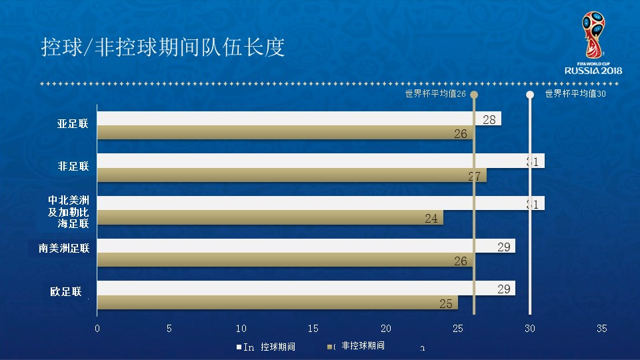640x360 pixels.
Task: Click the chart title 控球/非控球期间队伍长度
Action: [163, 48]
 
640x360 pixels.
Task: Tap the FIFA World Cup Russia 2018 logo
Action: [593, 43]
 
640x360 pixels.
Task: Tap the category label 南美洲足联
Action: [64, 248]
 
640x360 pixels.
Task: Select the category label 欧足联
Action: [65, 291]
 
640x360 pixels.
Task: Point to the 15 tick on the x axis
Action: [313, 329]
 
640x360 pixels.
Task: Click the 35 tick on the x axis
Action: [602, 329]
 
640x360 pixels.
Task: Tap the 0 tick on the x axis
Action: [97, 329]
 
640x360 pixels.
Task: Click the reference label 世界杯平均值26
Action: [435, 94]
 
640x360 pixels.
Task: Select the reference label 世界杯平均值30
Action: [575, 94]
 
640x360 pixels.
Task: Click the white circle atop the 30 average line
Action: [530, 95]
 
